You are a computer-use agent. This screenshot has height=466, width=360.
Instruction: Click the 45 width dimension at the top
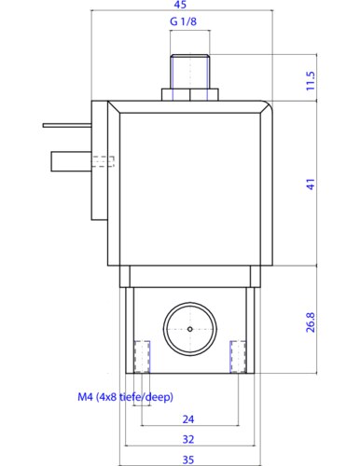click(180, 5)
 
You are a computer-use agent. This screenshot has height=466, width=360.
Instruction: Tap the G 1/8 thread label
click(183, 21)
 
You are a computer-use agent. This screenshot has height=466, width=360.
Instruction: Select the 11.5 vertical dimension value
click(311, 81)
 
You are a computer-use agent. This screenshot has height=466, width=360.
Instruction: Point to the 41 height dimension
click(311, 185)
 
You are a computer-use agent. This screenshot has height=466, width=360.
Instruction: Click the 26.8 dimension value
click(311, 322)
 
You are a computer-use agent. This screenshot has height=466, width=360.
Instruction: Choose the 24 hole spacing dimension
click(188, 419)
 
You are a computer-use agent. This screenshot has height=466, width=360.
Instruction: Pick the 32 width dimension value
click(188, 439)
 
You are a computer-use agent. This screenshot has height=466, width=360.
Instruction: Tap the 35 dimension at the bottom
click(188, 459)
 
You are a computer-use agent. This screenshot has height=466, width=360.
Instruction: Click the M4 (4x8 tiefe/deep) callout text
click(125, 397)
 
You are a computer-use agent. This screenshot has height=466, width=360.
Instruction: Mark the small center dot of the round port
click(190, 329)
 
